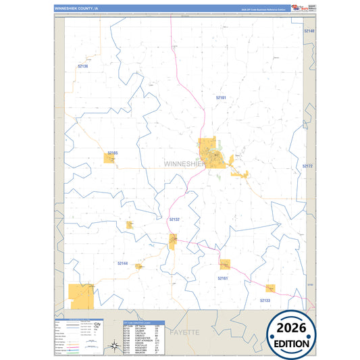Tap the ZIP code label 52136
click(x=83, y=66)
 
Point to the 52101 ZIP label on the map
click(x=221, y=98)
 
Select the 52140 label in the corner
click(x=309, y=31)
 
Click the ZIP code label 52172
click(x=307, y=165)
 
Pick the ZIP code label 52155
click(x=112, y=153)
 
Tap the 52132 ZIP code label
click(x=174, y=220)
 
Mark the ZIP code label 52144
click(x=122, y=263)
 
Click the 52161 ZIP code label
click(x=223, y=278)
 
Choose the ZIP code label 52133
click(x=265, y=300)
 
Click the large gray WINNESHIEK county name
click(x=186, y=163)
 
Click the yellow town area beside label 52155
click(x=109, y=158)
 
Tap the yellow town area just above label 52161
click(x=224, y=264)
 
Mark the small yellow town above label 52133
click(x=270, y=288)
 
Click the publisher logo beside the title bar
click(x=298, y=7)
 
